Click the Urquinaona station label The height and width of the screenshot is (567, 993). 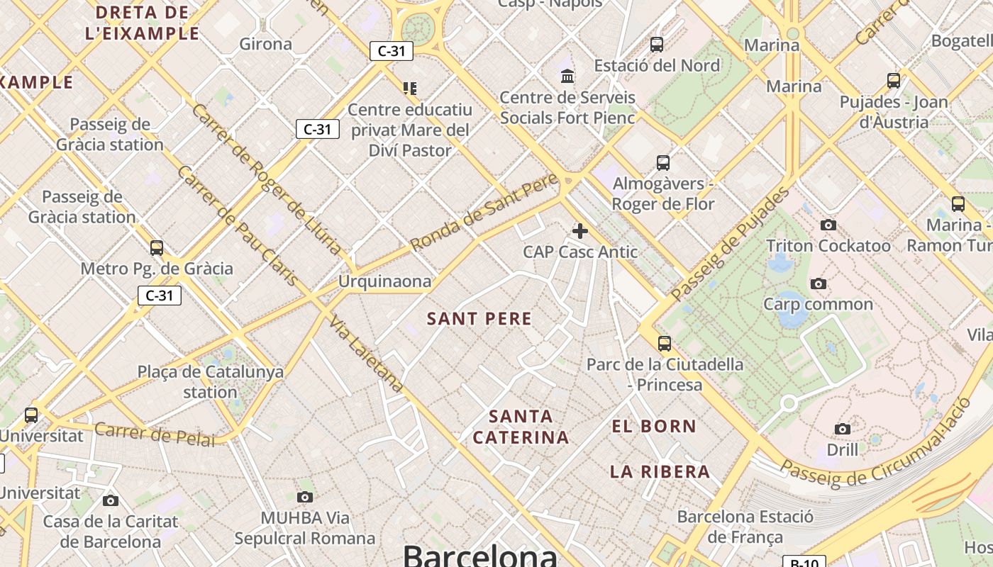tap(384, 281)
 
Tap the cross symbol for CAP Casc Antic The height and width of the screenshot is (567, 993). tap(580, 230)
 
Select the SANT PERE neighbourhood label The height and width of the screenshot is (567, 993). tap(479, 319)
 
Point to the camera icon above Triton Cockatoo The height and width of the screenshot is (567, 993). tap(828, 225)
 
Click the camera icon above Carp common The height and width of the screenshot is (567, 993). tap(818, 283)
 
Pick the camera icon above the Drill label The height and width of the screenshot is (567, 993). tap(842, 429)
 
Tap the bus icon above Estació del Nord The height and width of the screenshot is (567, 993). tap(656, 44)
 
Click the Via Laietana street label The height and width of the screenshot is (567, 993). tap(366, 354)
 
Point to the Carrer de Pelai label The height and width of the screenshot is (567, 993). tap(154, 434)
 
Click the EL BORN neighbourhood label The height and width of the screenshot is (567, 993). tap(654, 427)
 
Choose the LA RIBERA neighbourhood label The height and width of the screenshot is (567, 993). tap(660, 472)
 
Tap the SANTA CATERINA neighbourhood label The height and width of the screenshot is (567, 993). tap(521, 427)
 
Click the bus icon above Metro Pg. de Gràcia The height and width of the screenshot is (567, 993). tap(157, 247)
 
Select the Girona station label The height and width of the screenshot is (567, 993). tap(265, 44)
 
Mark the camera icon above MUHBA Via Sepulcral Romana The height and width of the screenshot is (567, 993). tap(305, 497)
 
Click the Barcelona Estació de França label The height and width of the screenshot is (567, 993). tap(745, 527)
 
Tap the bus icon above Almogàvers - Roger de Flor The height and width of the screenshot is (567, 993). tap(662, 162)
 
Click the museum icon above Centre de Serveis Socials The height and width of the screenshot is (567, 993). tap(567, 75)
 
